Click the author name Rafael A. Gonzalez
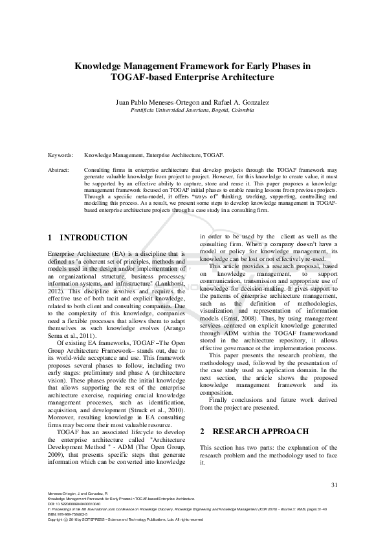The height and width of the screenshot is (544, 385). [x=241, y=102]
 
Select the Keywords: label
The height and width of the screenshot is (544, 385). [x=61, y=156]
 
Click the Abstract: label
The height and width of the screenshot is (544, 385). [x=60, y=169]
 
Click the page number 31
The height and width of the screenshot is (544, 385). [x=334, y=485]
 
